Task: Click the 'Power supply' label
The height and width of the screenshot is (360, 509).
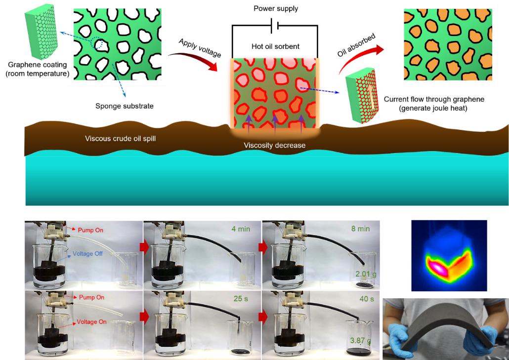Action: tap(275, 8)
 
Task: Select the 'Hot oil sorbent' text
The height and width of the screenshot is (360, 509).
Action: tap(275, 46)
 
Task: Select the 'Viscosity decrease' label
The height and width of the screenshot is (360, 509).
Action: tap(274, 145)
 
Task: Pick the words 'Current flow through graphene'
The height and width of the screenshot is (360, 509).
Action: tap(434, 99)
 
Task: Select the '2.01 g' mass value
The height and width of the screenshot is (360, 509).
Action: tap(366, 274)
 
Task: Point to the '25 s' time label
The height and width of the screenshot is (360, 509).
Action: tap(242, 299)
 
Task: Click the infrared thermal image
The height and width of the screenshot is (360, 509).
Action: tap(449, 255)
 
